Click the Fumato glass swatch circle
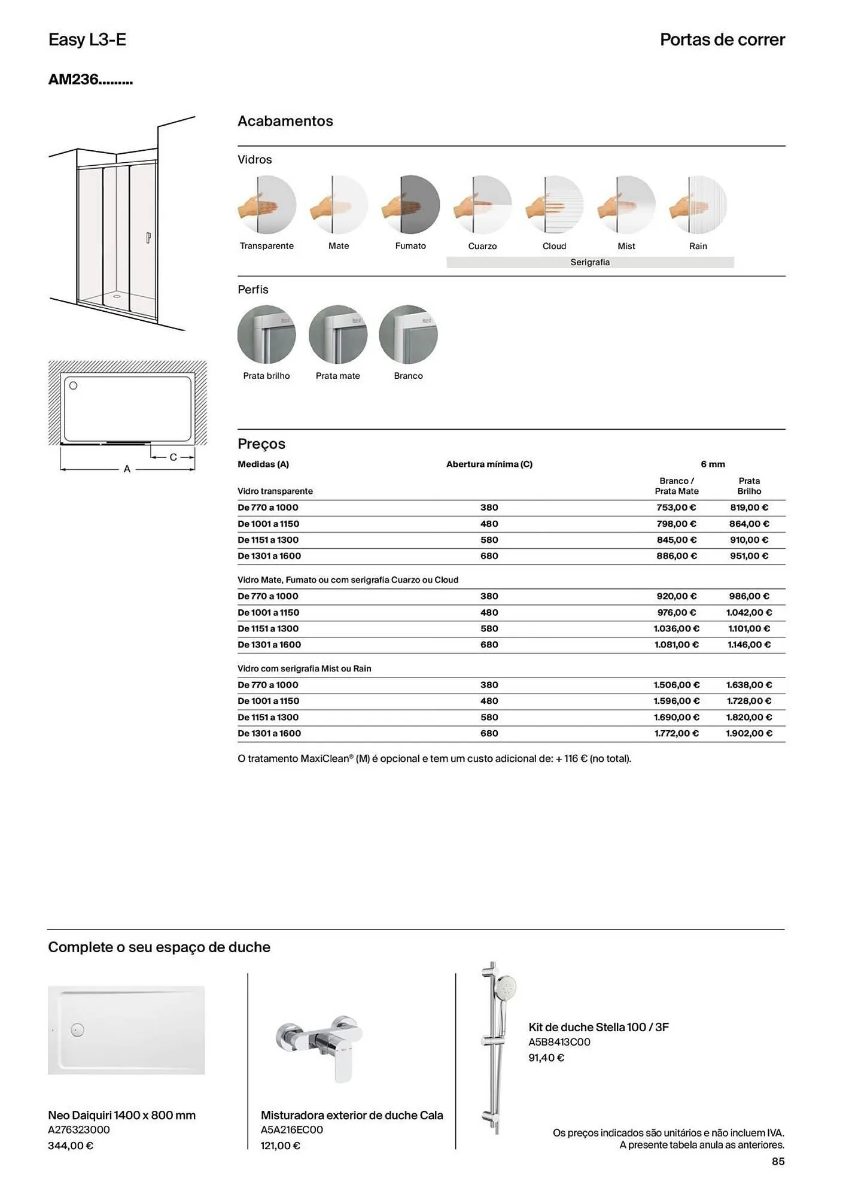(x=410, y=205)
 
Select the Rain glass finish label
(x=698, y=246)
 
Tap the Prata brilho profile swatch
(x=266, y=335)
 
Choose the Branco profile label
(x=408, y=376)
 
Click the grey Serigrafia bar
(x=590, y=262)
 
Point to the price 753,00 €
(x=676, y=508)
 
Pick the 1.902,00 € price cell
(x=748, y=733)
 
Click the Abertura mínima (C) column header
(x=489, y=464)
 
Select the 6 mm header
(x=713, y=464)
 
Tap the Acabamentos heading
(x=285, y=121)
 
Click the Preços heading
(x=261, y=444)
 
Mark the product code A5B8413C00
(x=559, y=1042)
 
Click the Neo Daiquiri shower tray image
(x=126, y=1030)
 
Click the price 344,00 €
(x=71, y=1146)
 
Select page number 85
(x=778, y=1161)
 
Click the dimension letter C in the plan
(x=173, y=457)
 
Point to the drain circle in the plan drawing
(x=74, y=386)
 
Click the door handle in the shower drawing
(x=148, y=238)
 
